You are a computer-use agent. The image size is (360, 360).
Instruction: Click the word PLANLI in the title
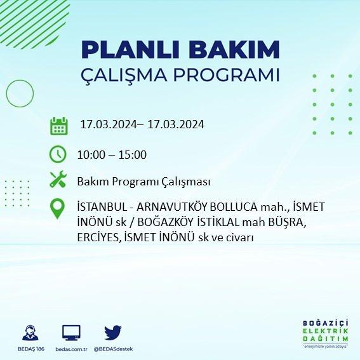click(130, 50)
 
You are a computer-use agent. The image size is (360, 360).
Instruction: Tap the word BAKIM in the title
click(234, 50)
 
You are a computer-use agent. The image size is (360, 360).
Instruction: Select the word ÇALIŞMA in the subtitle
click(124, 75)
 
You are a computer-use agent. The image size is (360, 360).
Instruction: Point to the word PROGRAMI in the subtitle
click(227, 75)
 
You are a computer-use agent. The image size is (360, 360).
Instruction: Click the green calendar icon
click(59, 126)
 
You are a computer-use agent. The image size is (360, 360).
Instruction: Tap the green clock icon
click(58, 154)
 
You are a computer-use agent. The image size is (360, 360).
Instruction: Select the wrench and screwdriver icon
click(58, 179)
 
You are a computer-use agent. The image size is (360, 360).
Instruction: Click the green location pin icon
click(57, 208)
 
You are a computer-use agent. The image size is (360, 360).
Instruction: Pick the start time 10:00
click(91, 155)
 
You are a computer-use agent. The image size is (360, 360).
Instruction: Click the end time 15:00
click(133, 155)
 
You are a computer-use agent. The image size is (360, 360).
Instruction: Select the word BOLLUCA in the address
click(234, 207)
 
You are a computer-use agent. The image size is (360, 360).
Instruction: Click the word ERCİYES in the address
click(99, 237)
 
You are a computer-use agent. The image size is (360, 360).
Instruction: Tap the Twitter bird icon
click(113, 333)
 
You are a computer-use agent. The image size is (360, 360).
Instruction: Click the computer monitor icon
click(71, 333)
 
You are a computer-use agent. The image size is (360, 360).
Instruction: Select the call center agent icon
click(30, 333)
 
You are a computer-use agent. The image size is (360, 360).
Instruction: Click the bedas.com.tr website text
click(71, 349)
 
